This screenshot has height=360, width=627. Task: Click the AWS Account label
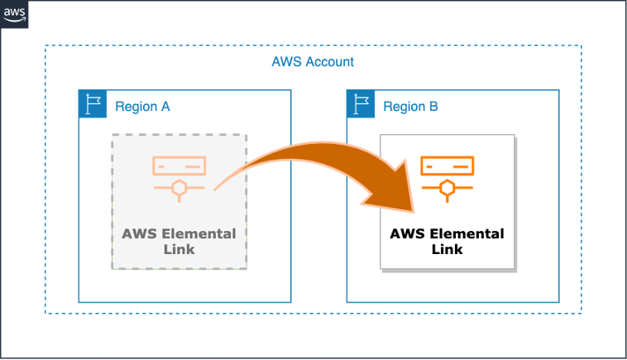(x=313, y=62)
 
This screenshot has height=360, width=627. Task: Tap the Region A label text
(x=142, y=107)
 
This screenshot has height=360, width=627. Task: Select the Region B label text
(x=410, y=107)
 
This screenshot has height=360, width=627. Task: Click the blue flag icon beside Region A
(x=93, y=105)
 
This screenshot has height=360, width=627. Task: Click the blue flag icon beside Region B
(x=361, y=105)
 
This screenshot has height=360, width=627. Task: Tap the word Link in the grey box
(x=179, y=248)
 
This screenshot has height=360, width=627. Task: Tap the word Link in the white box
(x=447, y=248)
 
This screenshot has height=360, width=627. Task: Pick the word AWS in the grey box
(x=138, y=233)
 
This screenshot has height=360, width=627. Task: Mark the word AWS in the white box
(x=406, y=233)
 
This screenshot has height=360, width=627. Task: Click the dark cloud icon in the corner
(x=15, y=15)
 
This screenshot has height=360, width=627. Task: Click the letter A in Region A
(x=165, y=107)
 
